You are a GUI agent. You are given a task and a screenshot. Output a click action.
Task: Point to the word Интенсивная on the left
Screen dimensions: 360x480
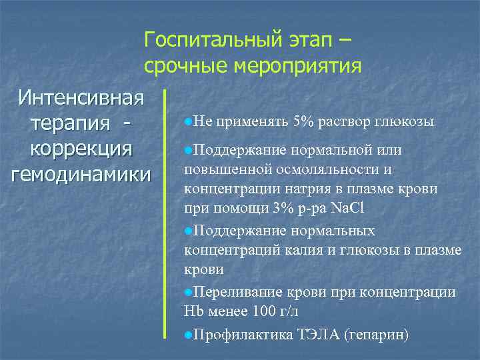(81, 98)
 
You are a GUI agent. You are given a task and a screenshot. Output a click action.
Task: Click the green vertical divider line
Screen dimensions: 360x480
(165, 220)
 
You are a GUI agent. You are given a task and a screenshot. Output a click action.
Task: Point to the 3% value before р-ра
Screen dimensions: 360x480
(282, 208)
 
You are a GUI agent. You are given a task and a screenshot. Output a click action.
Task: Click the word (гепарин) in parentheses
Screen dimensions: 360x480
(375, 334)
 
